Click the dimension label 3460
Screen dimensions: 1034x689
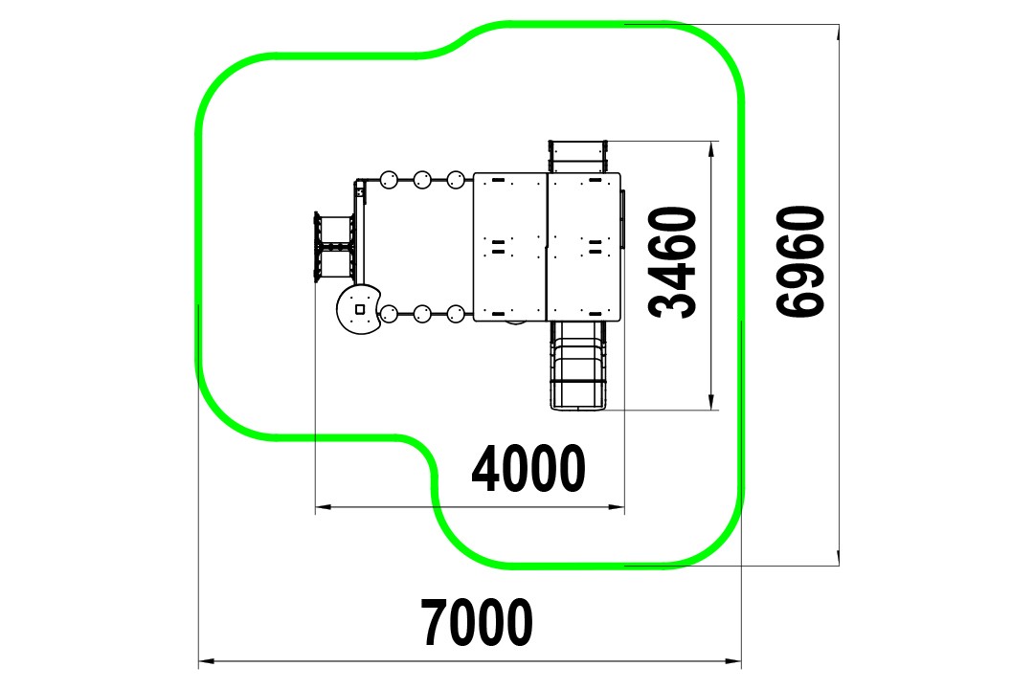point(673,262)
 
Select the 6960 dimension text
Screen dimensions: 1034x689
point(799,262)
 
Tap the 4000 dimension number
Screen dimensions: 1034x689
point(528,468)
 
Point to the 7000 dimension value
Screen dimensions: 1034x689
point(477,622)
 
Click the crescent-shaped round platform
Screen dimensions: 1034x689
point(359,308)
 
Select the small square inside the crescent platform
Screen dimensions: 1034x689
point(360,308)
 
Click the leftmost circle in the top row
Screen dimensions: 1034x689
point(389,179)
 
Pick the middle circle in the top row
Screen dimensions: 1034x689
point(422,179)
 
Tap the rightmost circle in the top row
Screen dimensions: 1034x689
point(456,179)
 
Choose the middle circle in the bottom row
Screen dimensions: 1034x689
point(422,314)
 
